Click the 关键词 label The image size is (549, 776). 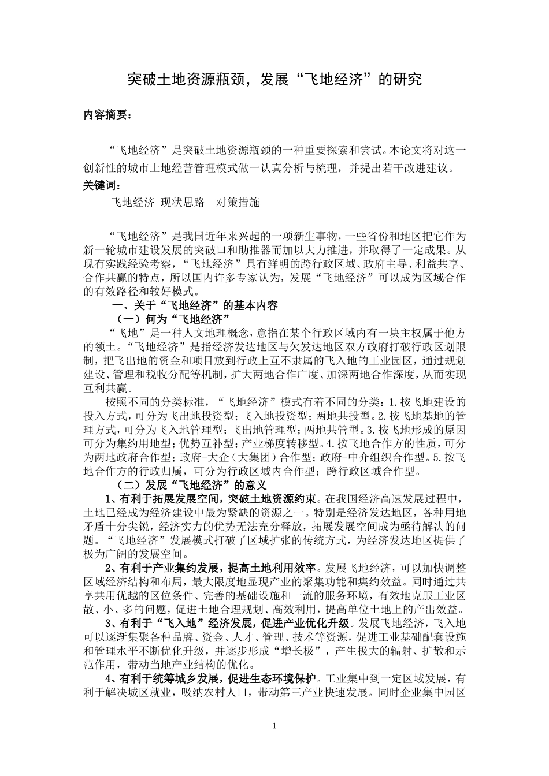(101, 185)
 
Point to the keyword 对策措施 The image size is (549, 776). (238, 202)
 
